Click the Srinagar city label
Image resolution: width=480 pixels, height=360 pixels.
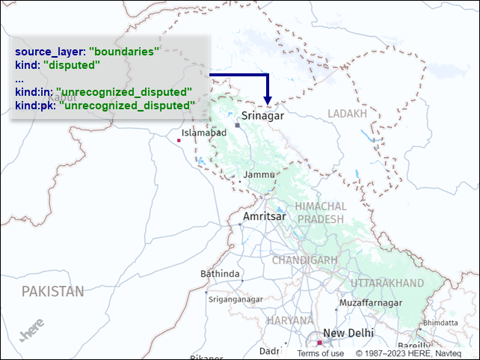pos(263,116)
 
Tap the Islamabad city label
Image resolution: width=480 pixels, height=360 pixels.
pos(204,132)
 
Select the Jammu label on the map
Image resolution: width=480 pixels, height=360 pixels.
pos(259,174)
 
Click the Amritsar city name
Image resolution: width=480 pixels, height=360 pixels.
pos(264,216)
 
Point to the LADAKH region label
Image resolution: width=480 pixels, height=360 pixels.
pos(348,114)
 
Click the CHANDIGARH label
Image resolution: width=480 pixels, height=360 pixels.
pos(304,260)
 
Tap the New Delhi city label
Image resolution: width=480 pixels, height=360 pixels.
pos(348,333)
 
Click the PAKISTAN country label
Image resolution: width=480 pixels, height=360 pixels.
pos(52,290)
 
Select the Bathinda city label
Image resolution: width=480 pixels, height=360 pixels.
pos(220,274)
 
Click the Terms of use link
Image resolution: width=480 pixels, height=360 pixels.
pos(321,353)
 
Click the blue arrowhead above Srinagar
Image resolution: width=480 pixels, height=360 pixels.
pos(267,100)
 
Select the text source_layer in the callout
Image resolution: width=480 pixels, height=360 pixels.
pos(49,52)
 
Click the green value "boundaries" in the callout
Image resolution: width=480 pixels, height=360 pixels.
pos(126,52)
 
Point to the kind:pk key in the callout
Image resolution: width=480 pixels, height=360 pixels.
pos(34,106)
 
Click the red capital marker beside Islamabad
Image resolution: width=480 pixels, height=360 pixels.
pos(179,140)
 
